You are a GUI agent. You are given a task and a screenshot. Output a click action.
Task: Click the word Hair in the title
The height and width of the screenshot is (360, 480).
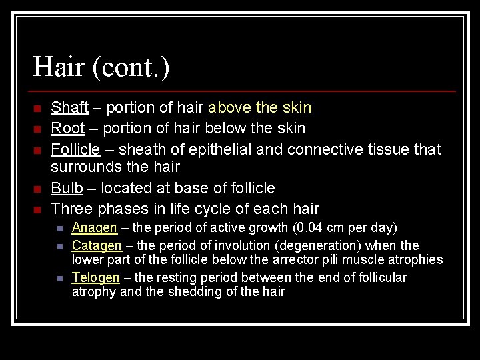pos(59,67)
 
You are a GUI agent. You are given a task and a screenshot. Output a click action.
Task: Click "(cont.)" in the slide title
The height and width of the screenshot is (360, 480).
pos(131,67)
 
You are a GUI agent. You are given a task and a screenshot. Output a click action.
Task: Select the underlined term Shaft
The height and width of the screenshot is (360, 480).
pos(70,107)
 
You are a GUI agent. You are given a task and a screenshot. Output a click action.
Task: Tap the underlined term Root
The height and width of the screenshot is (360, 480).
pos(68,128)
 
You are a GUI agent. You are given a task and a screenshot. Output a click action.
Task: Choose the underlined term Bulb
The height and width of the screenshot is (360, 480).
pos(67,189)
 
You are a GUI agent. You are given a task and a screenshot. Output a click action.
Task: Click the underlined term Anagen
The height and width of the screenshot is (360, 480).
pos(95,228)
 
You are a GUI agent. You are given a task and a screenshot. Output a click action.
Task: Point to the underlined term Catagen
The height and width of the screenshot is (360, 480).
pos(97,245)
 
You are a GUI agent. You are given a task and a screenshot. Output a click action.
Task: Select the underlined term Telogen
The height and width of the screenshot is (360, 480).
pos(96,277)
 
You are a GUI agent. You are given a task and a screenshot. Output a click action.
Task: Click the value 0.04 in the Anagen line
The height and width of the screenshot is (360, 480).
pos(311,228)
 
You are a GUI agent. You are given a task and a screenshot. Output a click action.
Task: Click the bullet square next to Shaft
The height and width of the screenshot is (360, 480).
pos(38,108)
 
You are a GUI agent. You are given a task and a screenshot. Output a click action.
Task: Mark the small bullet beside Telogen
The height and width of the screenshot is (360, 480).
pos(59,278)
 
